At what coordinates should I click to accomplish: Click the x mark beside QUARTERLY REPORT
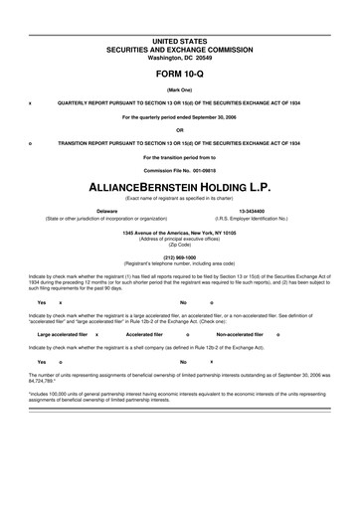[x=31, y=102]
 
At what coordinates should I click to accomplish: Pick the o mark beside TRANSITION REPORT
[x=31, y=142]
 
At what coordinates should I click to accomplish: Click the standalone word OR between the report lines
[x=180, y=129]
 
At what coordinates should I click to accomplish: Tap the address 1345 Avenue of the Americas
[x=180, y=233]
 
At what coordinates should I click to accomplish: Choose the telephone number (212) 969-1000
[x=180, y=260]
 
